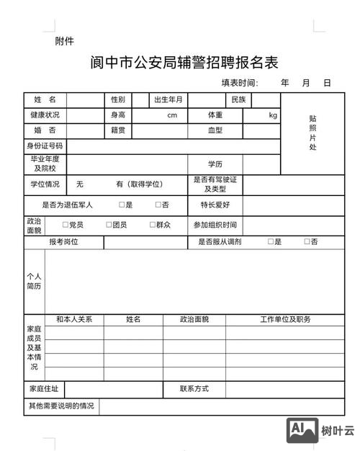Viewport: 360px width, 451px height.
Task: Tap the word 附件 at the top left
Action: click(64, 41)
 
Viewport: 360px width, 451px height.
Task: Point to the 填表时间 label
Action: click(239, 83)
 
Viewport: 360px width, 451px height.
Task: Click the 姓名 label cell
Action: click(45, 99)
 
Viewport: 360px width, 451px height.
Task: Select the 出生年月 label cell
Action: click(168, 99)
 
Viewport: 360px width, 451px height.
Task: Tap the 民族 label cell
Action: click(238, 99)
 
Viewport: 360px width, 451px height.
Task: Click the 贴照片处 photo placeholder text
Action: click(312, 133)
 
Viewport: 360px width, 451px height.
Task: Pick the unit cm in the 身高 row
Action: click(172, 115)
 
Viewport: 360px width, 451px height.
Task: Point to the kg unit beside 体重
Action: click(273, 115)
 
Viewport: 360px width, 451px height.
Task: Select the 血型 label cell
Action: click(215, 131)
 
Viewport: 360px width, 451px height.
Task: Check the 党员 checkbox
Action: click(66, 225)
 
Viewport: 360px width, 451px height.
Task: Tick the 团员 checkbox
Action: click(109, 225)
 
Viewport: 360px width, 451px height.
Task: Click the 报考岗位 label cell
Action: click(63, 242)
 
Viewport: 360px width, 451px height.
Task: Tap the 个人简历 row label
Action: click(34, 281)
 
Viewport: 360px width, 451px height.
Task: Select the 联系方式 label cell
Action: click(194, 389)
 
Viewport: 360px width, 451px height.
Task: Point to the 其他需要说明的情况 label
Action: click(61, 406)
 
